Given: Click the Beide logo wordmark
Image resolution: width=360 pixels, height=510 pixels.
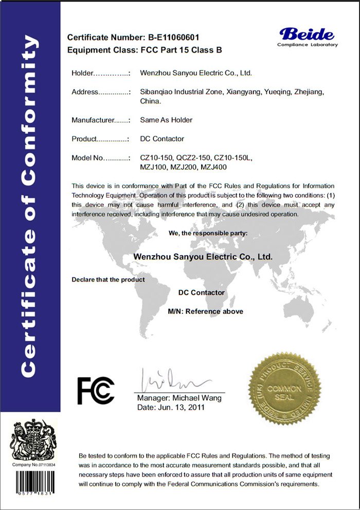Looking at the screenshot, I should (307, 34).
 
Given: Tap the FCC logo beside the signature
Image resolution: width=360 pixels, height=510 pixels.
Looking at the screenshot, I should (96, 390).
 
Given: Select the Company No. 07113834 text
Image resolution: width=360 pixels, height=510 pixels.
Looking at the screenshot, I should (33, 465).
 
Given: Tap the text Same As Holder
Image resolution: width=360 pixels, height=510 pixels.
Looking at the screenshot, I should (166, 120).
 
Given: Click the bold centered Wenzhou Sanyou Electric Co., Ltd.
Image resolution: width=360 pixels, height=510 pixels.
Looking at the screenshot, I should (202, 256).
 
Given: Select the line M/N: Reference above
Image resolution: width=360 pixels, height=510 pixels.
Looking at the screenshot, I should (205, 311).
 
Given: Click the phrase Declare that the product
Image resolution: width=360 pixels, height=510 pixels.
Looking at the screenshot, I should (108, 279).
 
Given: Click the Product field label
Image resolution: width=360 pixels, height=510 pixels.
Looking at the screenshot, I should (84, 139).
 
